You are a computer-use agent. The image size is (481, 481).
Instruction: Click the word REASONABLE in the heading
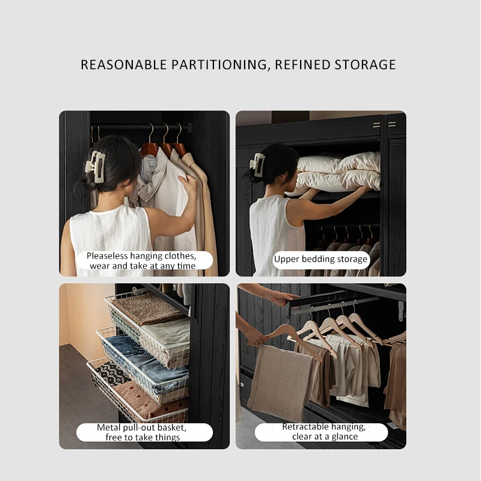click(124, 65)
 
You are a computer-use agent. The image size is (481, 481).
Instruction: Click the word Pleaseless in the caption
click(107, 256)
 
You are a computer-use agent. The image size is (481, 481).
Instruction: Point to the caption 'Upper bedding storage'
click(320, 259)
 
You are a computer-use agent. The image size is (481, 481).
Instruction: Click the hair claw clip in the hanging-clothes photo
click(96, 167)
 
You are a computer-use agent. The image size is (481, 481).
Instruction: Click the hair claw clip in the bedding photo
click(257, 164)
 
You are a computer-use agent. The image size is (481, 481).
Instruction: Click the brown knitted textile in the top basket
click(147, 308)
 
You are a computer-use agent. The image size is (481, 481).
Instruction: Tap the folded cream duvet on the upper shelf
click(337, 173)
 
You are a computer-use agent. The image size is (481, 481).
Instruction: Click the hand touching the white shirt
click(188, 183)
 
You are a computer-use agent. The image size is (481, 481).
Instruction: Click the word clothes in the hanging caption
click(179, 256)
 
